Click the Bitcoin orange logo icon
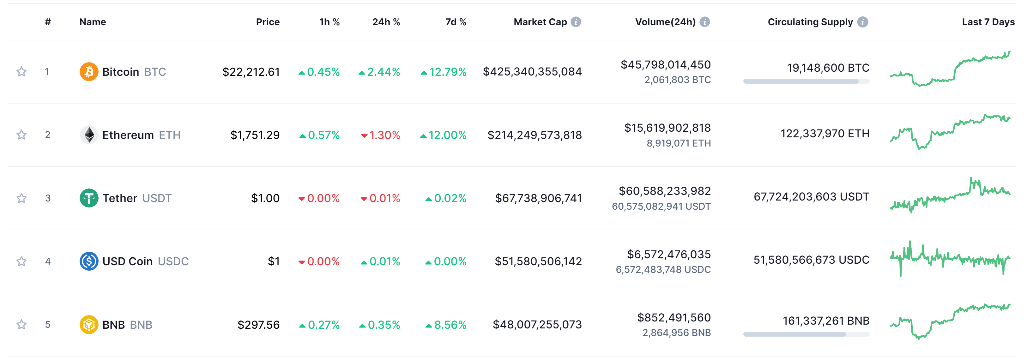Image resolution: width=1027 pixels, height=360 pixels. click(89, 72)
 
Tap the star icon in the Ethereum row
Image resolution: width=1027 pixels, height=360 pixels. click(21, 135)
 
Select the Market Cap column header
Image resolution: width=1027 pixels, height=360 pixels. click(540, 22)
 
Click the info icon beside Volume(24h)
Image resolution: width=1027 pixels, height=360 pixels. click(704, 22)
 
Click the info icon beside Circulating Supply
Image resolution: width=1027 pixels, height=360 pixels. click(862, 22)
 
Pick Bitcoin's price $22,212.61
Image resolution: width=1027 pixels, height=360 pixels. click(251, 72)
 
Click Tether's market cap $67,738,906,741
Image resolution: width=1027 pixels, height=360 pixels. click(538, 198)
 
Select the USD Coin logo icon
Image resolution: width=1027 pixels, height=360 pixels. click(89, 261)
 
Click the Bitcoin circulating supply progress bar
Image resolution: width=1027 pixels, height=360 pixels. click(806, 81)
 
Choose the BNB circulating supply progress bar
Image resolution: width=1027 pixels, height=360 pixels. click(806, 334)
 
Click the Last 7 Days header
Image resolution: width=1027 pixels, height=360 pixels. click(988, 22)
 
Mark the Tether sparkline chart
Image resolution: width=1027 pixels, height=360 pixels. click(950, 195)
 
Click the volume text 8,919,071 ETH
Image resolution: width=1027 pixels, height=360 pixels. click(678, 143)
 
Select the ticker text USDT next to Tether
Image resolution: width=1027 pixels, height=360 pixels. click(157, 198)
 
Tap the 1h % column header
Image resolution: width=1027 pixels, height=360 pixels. click(329, 22)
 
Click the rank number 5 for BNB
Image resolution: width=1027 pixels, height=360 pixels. click(48, 325)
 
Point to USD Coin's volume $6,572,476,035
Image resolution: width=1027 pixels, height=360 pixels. click(668, 254)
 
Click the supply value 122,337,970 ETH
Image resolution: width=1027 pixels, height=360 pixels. click(825, 134)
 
